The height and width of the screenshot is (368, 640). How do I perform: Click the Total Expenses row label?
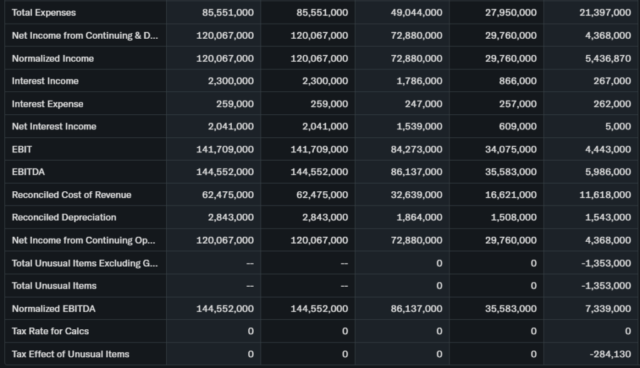(44, 12)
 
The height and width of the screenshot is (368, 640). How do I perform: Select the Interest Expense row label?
(47, 104)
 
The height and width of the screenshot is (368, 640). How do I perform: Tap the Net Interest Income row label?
(54, 126)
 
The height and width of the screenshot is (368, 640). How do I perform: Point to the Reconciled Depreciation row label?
(64, 217)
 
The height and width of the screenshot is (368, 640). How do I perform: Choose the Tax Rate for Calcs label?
(51, 331)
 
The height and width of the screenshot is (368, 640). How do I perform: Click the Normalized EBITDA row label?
(54, 309)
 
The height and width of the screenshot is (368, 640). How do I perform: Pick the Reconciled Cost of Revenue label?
(71, 195)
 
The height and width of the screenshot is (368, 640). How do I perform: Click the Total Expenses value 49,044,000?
(416, 12)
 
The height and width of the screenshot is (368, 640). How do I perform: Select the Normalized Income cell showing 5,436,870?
(605, 58)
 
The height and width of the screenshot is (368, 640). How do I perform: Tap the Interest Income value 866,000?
(518, 81)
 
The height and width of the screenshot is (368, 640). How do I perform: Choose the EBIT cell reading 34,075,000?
(511, 149)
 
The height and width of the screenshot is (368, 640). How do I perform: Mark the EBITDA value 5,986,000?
(605, 172)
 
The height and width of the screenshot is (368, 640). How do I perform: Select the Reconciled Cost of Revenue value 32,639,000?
(416, 195)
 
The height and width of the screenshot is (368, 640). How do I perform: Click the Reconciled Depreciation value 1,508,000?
(513, 217)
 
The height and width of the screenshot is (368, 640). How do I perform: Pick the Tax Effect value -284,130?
(610, 354)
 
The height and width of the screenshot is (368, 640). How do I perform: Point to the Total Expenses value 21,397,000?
(605, 12)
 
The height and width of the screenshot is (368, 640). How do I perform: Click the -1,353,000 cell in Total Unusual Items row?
(606, 286)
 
